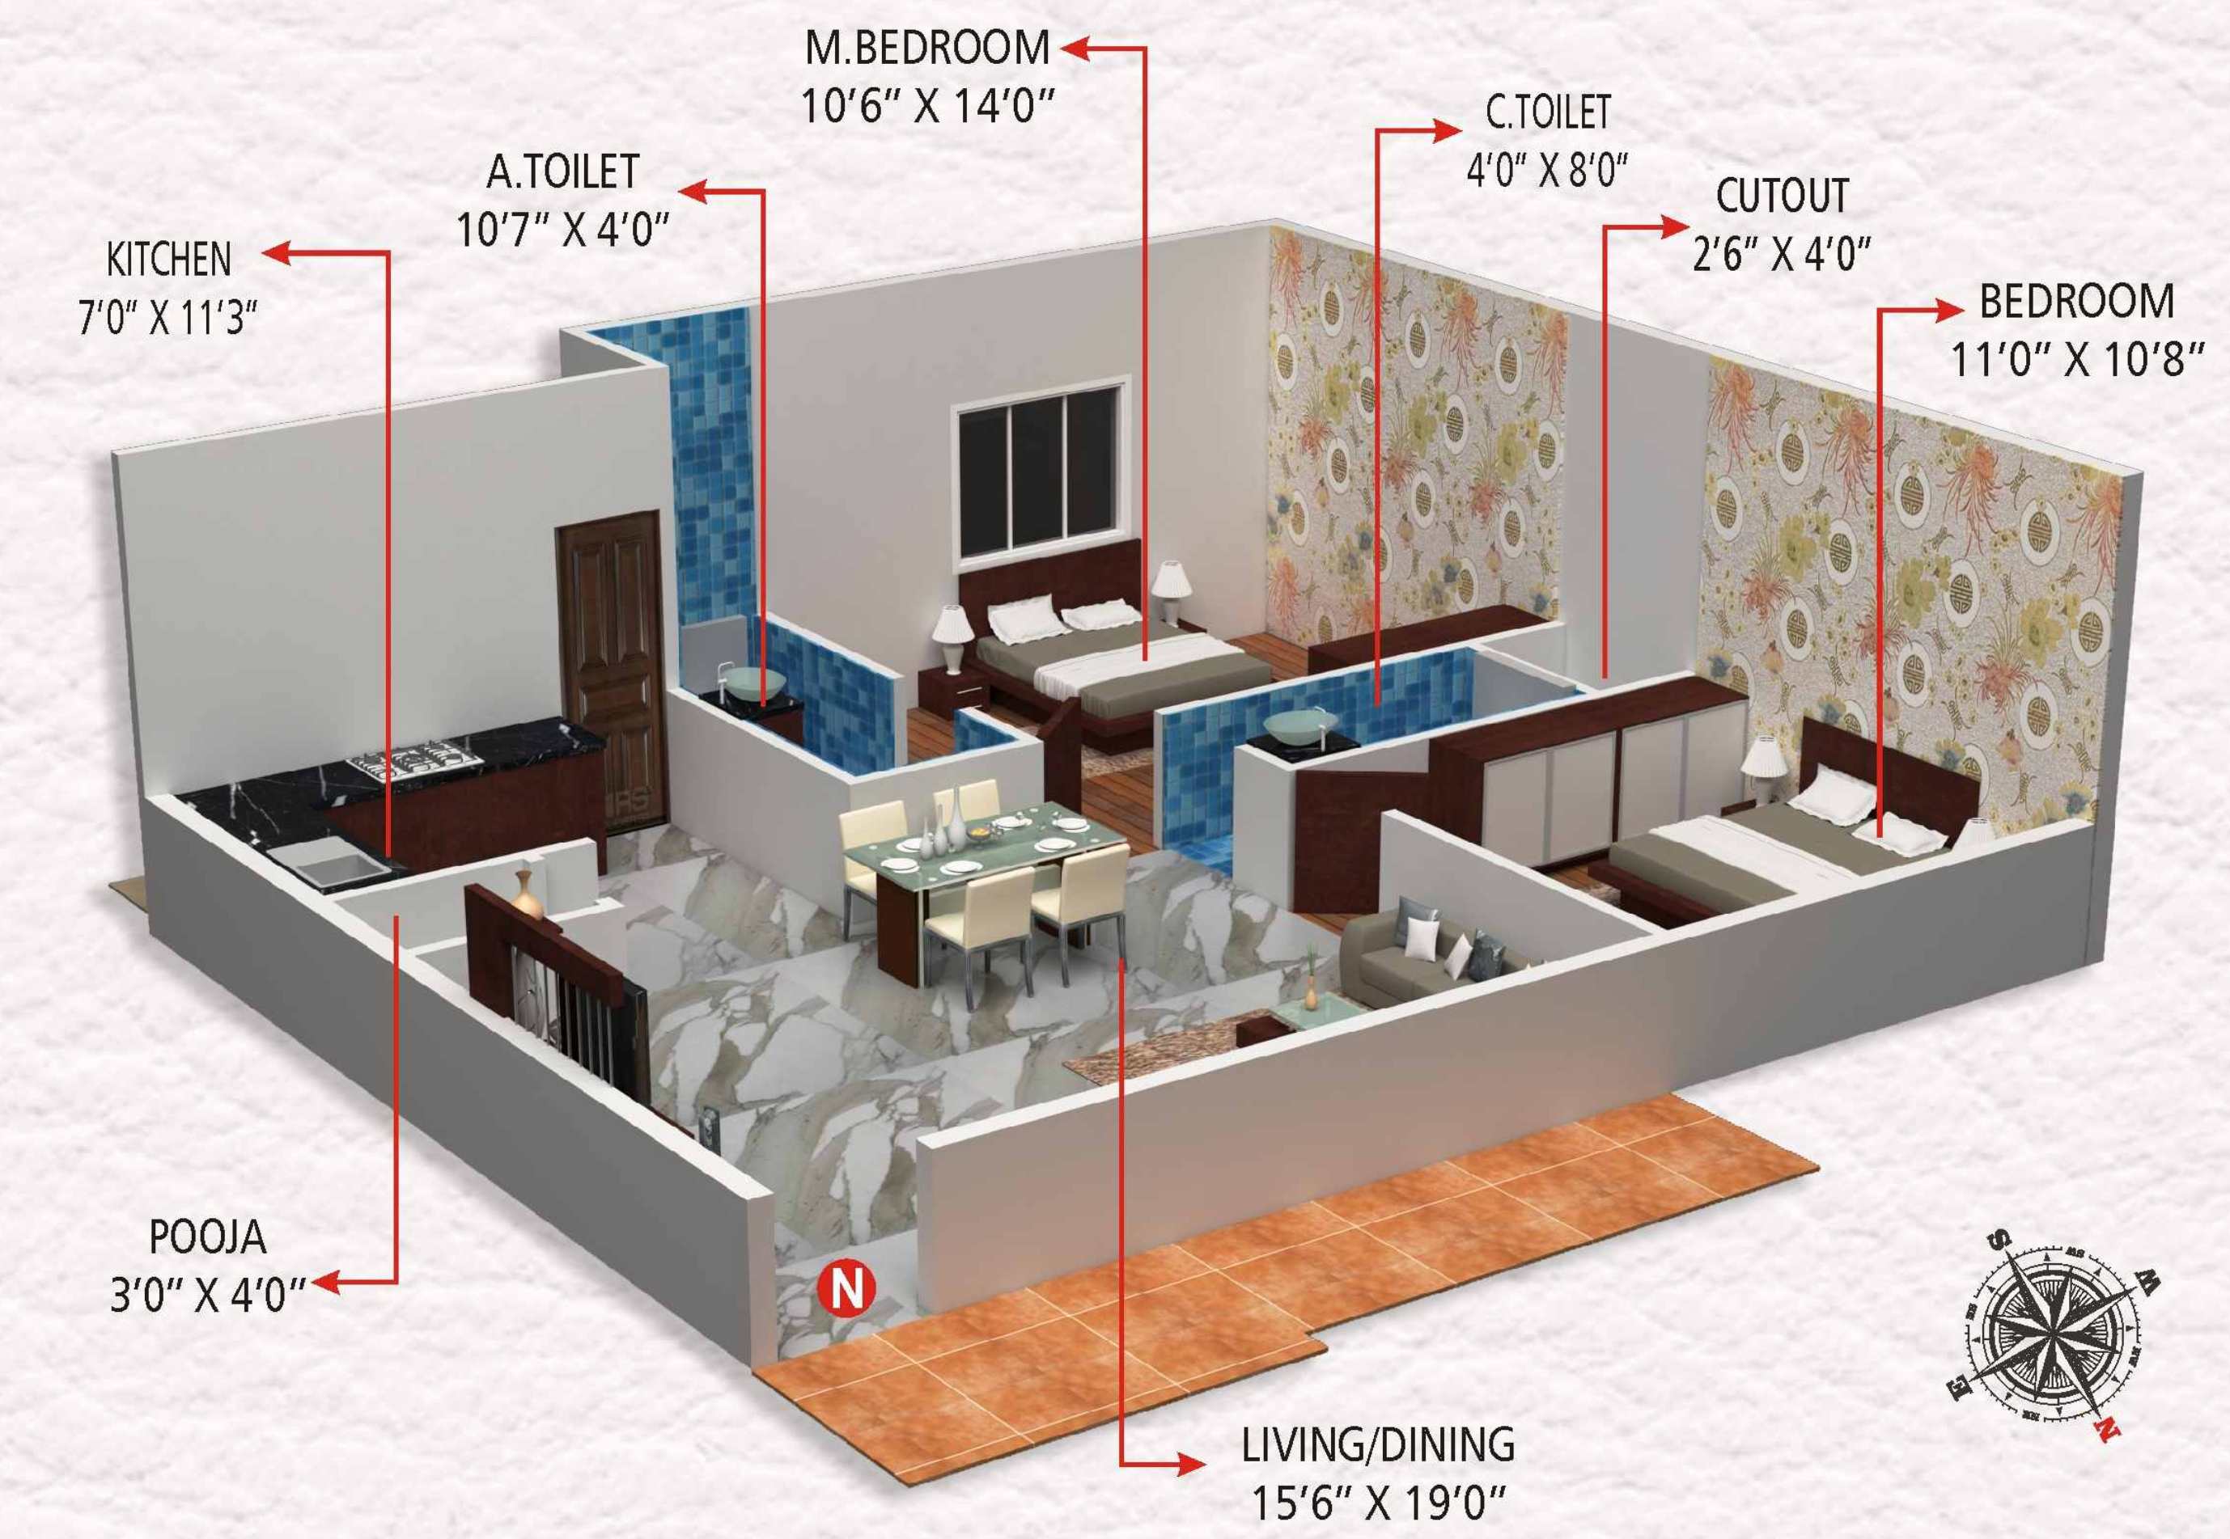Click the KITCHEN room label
click(x=169, y=261)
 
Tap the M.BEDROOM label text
click(x=927, y=49)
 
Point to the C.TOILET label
click(x=1547, y=114)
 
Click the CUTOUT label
click(x=1782, y=197)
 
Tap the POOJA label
click(x=207, y=1237)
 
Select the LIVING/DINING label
click(x=1377, y=1444)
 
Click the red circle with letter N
click(x=847, y=1288)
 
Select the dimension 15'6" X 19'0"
click(x=1377, y=1503)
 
